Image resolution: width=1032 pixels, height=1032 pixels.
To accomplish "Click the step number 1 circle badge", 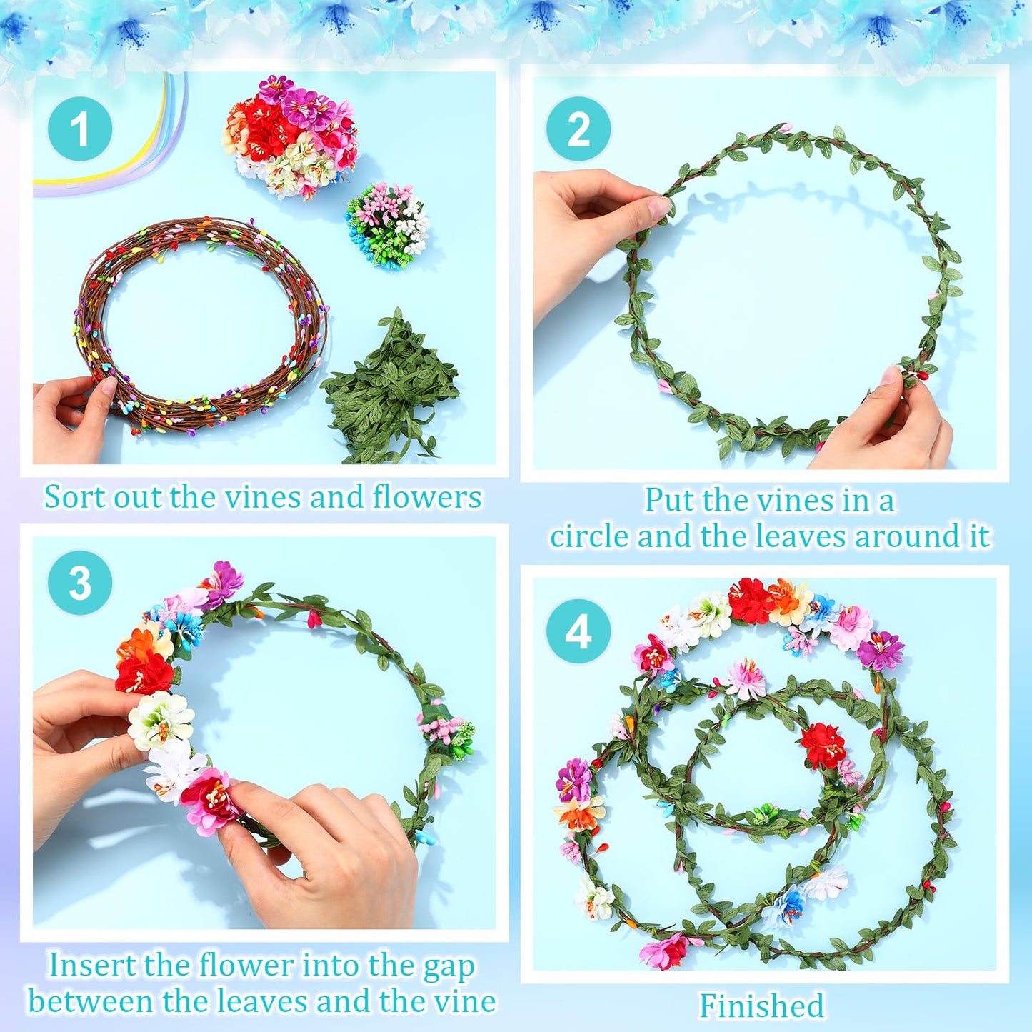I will click(x=80, y=129).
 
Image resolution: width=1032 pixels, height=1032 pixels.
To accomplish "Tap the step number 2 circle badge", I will click(x=578, y=129).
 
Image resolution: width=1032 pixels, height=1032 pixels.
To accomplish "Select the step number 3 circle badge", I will click(x=80, y=583).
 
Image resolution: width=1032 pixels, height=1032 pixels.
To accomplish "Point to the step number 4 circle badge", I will click(x=578, y=631).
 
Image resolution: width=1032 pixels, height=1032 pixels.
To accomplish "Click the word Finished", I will click(x=761, y=1006).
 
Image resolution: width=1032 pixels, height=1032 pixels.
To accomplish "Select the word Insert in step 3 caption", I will click(x=92, y=966).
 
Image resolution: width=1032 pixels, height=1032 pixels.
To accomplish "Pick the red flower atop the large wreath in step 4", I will click(x=751, y=600).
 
